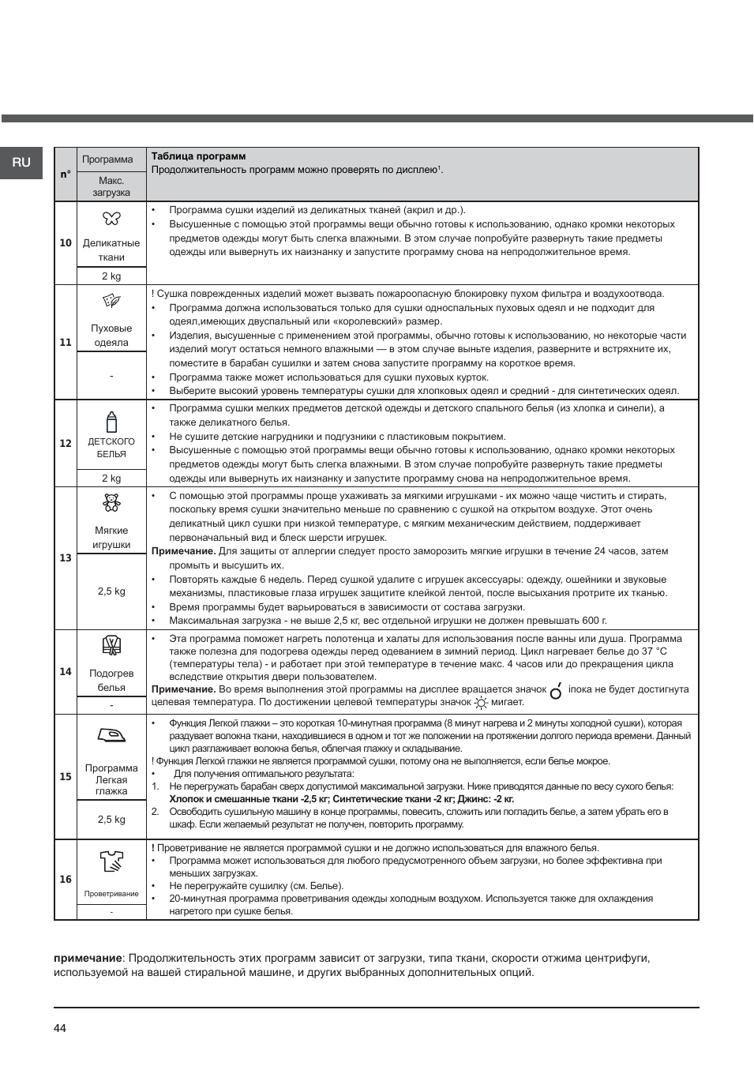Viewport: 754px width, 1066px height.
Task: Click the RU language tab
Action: tap(21, 163)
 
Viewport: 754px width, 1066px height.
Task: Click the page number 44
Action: tap(60, 1028)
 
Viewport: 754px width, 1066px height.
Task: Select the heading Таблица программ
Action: tap(198, 156)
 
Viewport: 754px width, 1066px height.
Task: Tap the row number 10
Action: tap(66, 243)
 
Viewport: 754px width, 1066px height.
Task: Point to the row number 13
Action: tap(66, 558)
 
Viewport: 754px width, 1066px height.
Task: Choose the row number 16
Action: tap(66, 880)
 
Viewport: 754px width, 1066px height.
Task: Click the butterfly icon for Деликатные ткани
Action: tap(111, 218)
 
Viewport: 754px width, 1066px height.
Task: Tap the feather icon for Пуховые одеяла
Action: tap(111, 301)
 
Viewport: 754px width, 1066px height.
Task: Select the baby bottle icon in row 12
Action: tap(111, 422)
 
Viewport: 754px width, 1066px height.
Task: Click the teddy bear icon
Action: tap(111, 503)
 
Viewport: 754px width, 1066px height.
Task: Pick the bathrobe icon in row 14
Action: tap(111, 645)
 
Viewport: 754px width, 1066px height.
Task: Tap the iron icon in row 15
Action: tap(111, 736)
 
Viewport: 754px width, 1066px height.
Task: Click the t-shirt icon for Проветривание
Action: tap(111, 861)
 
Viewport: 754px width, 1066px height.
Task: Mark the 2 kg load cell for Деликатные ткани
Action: tap(111, 276)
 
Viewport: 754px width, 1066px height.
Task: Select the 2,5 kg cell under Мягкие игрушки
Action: tap(111, 591)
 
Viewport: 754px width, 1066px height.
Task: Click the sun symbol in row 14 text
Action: tap(481, 702)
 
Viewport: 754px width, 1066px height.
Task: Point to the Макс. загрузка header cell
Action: tap(111, 186)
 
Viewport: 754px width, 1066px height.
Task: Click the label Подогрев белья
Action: tap(111, 681)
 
